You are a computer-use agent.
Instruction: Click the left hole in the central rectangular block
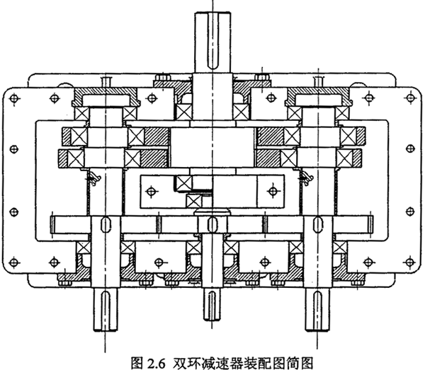coord(151,190)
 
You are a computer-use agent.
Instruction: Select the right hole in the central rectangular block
coord(272,190)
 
